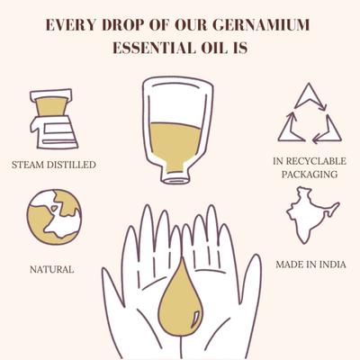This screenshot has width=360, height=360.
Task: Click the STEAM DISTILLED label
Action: tap(54, 165)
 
